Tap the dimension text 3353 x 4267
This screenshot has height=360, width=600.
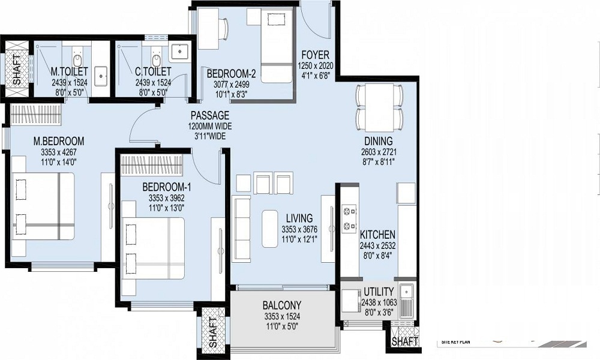point(58,152)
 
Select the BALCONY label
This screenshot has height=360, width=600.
point(282,305)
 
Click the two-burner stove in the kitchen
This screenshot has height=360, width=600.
point(349,219)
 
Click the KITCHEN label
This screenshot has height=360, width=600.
point(377,235)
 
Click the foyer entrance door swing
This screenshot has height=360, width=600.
point(316,21)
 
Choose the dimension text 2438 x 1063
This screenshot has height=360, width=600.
point(379,302)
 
